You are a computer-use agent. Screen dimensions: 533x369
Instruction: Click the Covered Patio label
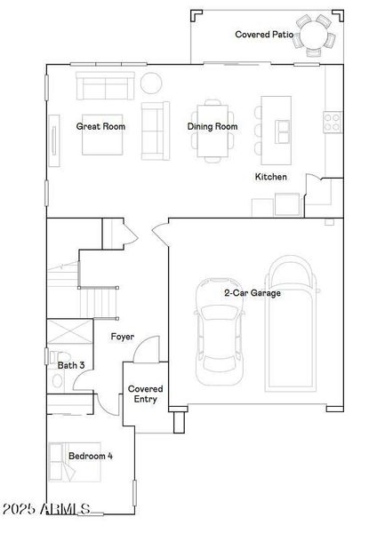click(264, 35)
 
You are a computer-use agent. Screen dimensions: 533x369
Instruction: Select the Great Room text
click(100, 126)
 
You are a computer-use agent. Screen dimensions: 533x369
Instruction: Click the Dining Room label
click(213, 126)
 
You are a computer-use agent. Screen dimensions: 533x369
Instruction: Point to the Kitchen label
click(271, 177)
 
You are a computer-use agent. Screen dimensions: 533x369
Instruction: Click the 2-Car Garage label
click(253, 292)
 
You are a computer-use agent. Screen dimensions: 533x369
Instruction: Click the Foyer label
click(123, 337)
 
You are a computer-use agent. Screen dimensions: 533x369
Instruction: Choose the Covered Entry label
click(144, 394)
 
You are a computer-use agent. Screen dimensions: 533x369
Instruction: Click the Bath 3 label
click(71, 365)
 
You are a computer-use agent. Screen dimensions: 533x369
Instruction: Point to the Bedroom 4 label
click(91, 456)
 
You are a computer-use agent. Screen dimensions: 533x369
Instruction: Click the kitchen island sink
click(282, 131)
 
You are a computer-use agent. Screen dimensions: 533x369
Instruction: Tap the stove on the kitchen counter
click(333, 121)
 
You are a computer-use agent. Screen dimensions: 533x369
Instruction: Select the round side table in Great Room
click(151, 84)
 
